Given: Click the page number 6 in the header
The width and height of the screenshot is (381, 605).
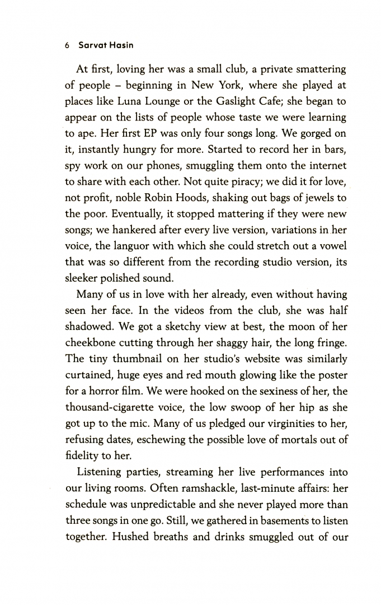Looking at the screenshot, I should click(x=66, y=45).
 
